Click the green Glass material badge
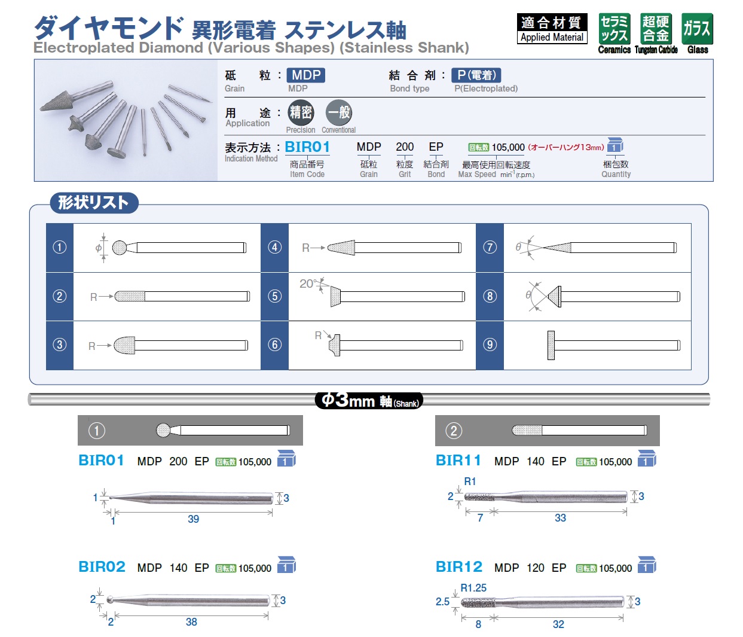coord(697,29)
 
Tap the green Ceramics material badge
coord(614,29)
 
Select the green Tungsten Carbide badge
coord(656,29)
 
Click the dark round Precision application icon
coord(301,112)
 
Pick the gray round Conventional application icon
coord(338,112)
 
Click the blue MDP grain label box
coord(306,75)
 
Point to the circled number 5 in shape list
coord(274,296)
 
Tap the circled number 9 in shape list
coord(490,345)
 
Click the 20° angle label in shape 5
coord(308,284)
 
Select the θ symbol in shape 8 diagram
coord(528,295)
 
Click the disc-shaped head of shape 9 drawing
coord(551,345)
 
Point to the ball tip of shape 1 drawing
coord(120,248)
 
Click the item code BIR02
coord(102,566)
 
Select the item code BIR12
coord(459,566)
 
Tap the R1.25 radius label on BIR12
coord(473,588)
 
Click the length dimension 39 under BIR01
coord(194,519)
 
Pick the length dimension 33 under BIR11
coord(561,517)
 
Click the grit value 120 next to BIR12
coord(536,568)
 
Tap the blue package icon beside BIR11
coord(647,458)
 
